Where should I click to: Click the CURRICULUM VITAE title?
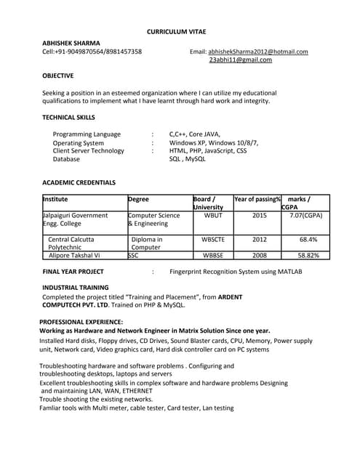180,33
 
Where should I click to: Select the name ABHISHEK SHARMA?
71,43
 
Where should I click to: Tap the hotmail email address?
258,52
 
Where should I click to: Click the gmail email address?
240,60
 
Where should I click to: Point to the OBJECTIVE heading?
57,76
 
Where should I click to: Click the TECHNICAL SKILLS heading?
68,117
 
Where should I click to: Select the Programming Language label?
87,134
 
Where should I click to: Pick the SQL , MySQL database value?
188,158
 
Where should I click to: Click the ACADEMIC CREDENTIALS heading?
79,182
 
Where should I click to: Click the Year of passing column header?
257,198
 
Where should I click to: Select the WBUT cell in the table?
213,216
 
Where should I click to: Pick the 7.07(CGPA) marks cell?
305,216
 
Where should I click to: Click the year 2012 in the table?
259,239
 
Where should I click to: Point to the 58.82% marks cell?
308,256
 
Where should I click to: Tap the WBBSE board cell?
213,256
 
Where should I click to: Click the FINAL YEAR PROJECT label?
73,272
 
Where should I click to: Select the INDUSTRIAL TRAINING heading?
76,288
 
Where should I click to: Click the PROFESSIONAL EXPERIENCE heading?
81,321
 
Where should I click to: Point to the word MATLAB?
287,272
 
